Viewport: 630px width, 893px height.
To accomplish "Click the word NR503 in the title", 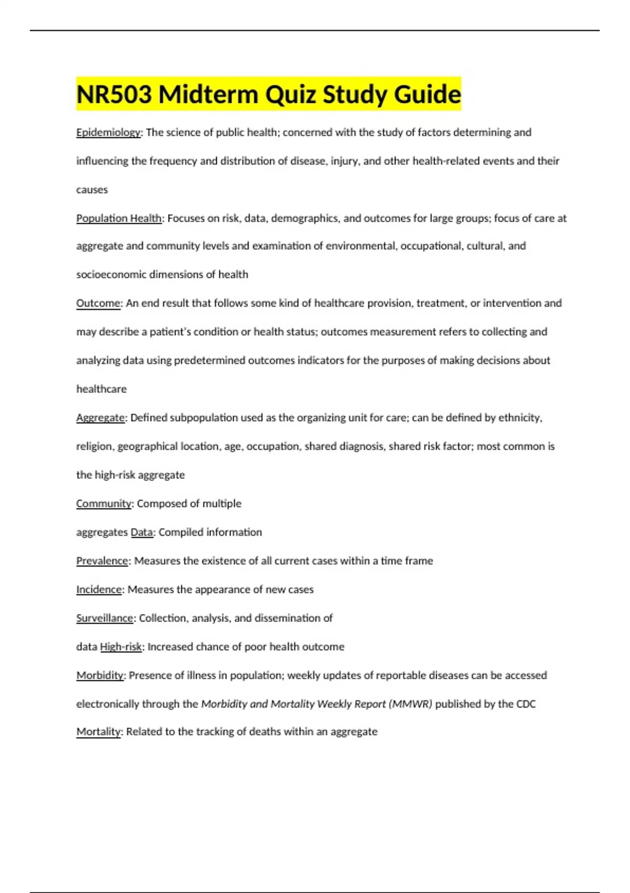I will (x=114, y=95).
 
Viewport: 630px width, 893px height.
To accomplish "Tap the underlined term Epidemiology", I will (x=108, y=132).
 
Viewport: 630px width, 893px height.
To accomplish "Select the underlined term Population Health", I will (x=119, y=218).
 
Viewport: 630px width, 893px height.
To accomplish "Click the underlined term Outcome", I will (x=98, y=303).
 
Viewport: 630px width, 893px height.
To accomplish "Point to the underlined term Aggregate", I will (x=100, y=418).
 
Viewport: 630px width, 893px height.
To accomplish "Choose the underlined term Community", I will (x=103, y=503).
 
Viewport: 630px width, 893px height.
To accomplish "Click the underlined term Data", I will (x=142, y=532).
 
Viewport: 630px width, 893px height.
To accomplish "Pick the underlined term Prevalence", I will (x=102, y=560).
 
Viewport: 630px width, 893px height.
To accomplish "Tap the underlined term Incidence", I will (x=99, y=589).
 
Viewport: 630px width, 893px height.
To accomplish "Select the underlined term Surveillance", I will (x=104, y=618).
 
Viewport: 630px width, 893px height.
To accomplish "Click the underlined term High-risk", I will (x=121, y=647).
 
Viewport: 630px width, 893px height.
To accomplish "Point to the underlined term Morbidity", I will (x=100, y=675).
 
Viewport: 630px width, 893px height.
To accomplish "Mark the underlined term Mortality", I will (x=98, y=731).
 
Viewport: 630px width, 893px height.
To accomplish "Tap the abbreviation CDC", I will (x=526, y=704).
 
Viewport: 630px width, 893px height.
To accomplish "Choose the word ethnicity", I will (x=519, y=418).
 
